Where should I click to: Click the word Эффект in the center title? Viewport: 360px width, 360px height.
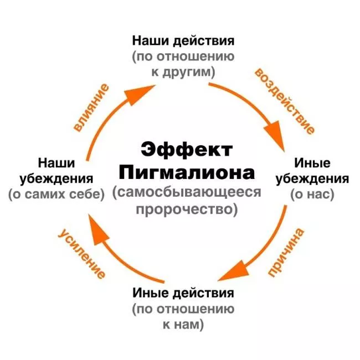pyautogui.click(x=187, y=150)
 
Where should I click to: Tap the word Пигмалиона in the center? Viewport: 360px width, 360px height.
pyautogui.click(x=187, y=172)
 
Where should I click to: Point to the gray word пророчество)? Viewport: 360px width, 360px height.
pyautogui.click(x=187, y=209)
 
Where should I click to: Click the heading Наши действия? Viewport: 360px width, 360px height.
pyautogui.click(x=183, y=41)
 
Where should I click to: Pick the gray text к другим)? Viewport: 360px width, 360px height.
pyautogui.click(x=183, y=72)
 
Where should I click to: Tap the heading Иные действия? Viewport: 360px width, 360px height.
pyautogui.click(x=183, y=293)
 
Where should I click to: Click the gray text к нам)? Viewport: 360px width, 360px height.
pyautogui.click(x=183, y=325)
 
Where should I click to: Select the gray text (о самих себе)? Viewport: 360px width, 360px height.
pyautogui.click(x=56, y=194)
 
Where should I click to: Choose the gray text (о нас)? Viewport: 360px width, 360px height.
pyautogui.click(x=312, y=194)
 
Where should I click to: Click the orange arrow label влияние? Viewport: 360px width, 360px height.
pyautogui.click(x=91, y=108)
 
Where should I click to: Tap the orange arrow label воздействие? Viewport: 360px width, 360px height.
pyautogui.click(x=284, y=101)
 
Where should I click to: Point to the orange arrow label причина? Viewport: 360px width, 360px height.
pyautogui.click(x=286, y=253)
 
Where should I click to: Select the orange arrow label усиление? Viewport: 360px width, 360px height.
pyautogui.click(x=82, y=254)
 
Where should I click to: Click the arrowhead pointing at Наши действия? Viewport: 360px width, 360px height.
pyautogui.click(x=140, y=95)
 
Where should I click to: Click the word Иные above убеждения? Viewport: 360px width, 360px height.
pyautogui.click(x=312, y=163)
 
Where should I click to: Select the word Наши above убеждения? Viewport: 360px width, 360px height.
pyautogui.click(x=56, y=163)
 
